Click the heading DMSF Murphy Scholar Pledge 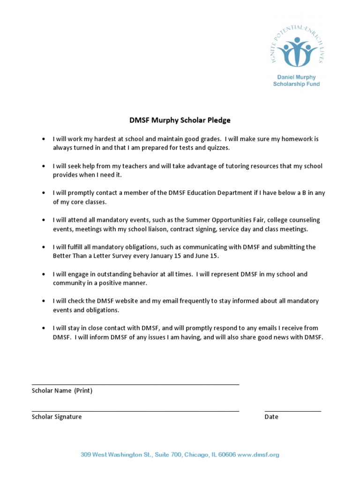[180, 120]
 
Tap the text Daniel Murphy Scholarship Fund [296, 81]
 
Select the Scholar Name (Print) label [62, 390]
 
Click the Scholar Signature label [57, 417]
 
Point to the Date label [271, 417]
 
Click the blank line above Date [292, 411]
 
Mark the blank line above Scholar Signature [135, 411]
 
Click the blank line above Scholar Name [135, 384]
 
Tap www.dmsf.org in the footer [259, 455]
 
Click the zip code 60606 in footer [227, 455]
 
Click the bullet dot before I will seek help [44, 166]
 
